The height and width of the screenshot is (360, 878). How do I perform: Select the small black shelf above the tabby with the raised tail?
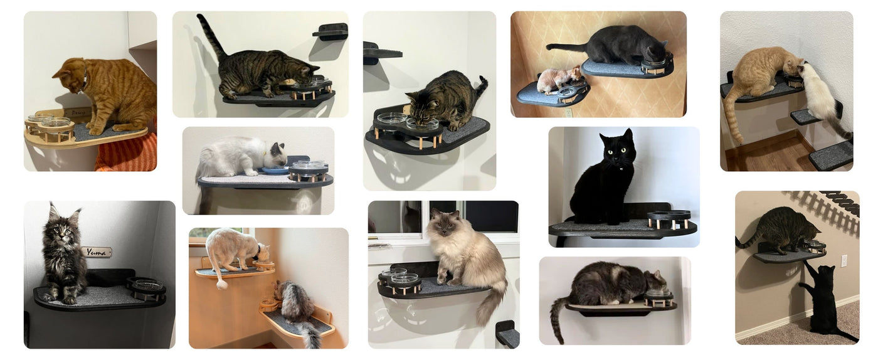point(331,31)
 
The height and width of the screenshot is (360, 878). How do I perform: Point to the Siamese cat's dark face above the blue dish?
point(278,151)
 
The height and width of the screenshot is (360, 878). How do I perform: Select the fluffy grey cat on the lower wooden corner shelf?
point(295,304)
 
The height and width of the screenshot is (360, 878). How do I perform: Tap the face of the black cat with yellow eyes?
point(616,148)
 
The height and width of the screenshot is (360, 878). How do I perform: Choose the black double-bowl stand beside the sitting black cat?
point(669,218)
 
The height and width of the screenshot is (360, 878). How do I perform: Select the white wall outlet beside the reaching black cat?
point(844,260)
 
